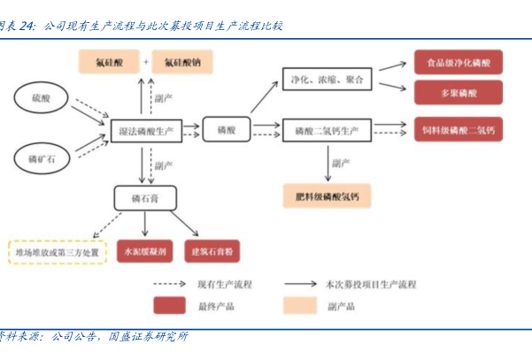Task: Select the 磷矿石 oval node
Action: (x=42, y=159)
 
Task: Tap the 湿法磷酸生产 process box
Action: (x=146, y=130)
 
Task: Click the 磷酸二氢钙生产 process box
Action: (x=325, y=130)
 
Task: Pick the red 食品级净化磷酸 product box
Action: (x=459, y=63)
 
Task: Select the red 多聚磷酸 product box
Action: (x=459, y=91)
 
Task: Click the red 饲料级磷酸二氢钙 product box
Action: (x=459, y=130)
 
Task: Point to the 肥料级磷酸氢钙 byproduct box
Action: (x=326, y=195)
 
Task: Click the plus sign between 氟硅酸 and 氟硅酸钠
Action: (x=145, y=62)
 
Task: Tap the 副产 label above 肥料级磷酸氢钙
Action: (x=342, y=163)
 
